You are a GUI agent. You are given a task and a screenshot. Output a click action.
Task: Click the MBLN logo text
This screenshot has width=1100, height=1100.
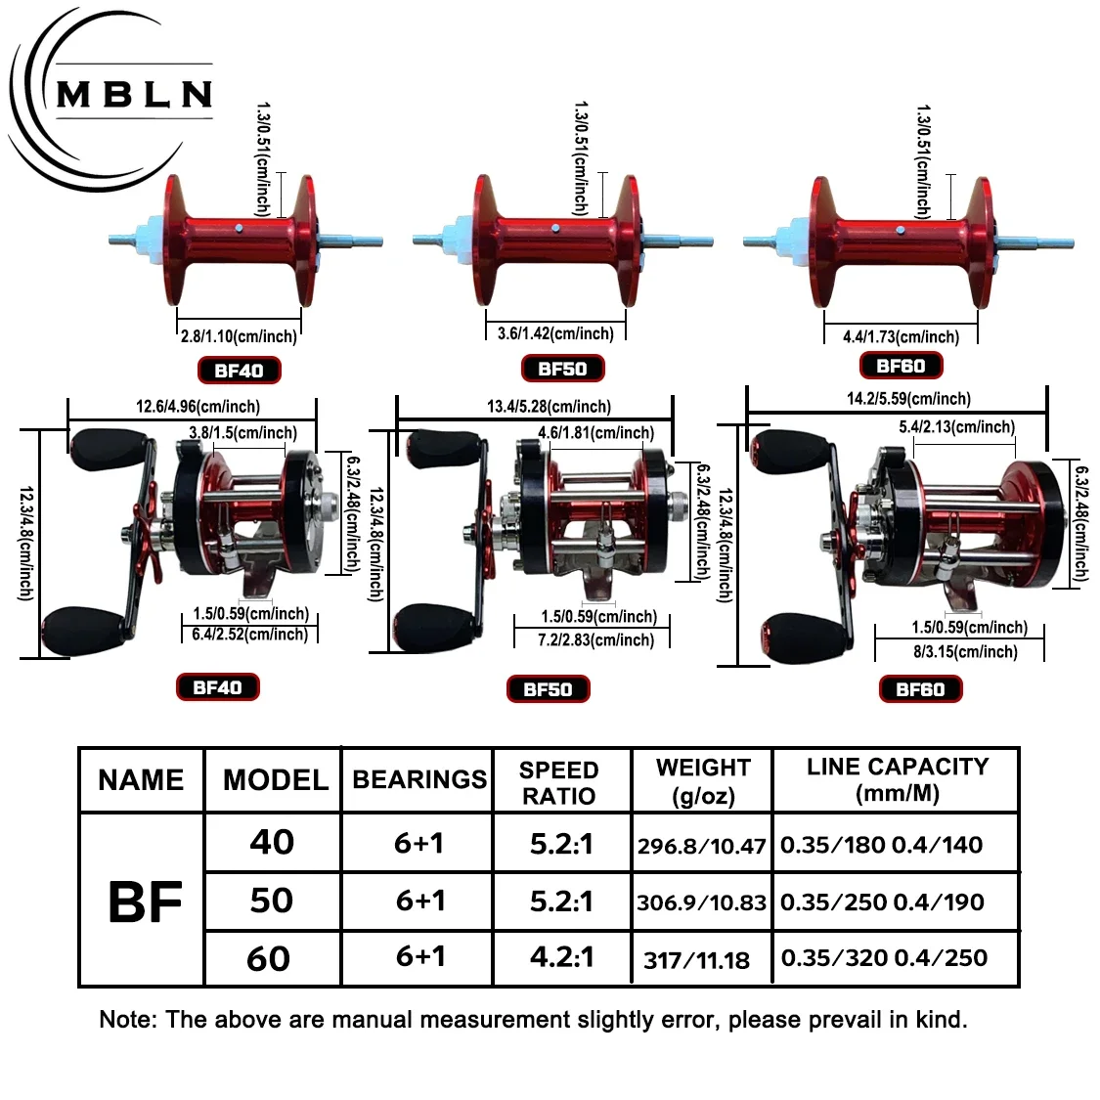click(134, 94)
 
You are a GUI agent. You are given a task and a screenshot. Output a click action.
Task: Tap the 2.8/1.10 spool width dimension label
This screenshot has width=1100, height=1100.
click(239, 336)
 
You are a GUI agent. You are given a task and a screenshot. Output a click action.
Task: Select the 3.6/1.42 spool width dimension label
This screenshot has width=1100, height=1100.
click(555, 333)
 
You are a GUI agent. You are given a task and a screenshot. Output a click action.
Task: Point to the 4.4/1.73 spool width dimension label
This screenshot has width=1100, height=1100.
click(901, 336)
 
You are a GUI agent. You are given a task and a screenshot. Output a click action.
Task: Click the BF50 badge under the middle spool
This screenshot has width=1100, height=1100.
click(562, 369)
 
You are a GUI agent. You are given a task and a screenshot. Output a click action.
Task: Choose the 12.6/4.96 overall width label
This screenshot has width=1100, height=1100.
click(198, 407)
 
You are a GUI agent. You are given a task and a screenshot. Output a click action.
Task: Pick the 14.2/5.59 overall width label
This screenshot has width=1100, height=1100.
click(909, 399)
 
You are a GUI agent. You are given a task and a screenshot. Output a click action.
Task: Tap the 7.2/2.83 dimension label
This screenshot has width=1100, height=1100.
click(596, 639)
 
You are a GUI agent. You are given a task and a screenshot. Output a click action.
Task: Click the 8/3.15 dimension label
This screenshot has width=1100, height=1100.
click(965, 652)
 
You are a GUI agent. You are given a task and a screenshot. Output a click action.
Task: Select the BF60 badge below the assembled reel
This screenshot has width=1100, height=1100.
click(920, 689)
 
